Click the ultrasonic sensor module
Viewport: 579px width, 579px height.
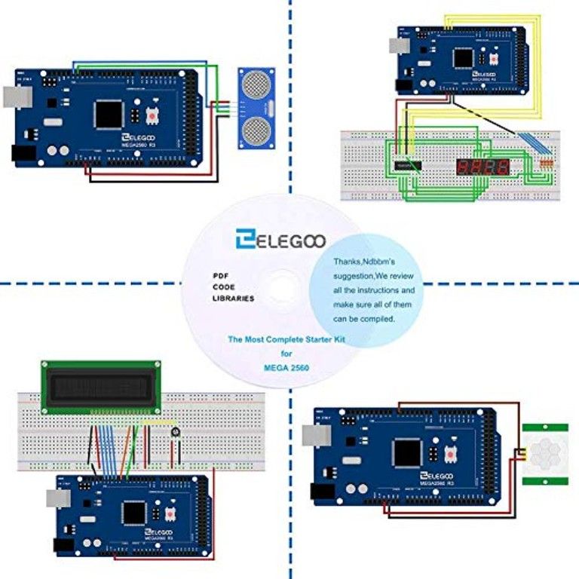click(x=257, y=108)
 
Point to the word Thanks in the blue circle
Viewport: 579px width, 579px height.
click(x=350, y=262)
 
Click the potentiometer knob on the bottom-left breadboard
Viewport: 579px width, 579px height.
click(x=176, y=433)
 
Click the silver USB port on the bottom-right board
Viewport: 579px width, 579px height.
click(x=312, y=436)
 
